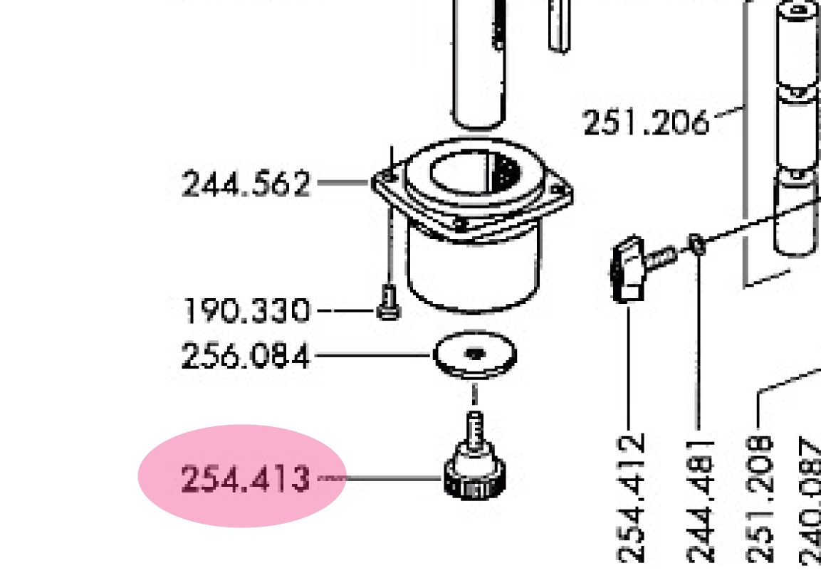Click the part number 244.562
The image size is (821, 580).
coord(246,184)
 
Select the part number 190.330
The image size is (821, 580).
coord(246,311)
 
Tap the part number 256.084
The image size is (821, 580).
coord(246,356)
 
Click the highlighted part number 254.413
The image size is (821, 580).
coord(245,479)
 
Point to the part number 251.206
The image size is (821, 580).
coord(646,122)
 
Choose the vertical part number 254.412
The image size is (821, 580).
coord(631,498)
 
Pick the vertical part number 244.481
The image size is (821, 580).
coord(700,502)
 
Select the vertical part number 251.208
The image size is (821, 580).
coord(759,499)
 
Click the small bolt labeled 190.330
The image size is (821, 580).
coord(389,302)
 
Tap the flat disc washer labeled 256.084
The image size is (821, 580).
coord(475,354)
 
